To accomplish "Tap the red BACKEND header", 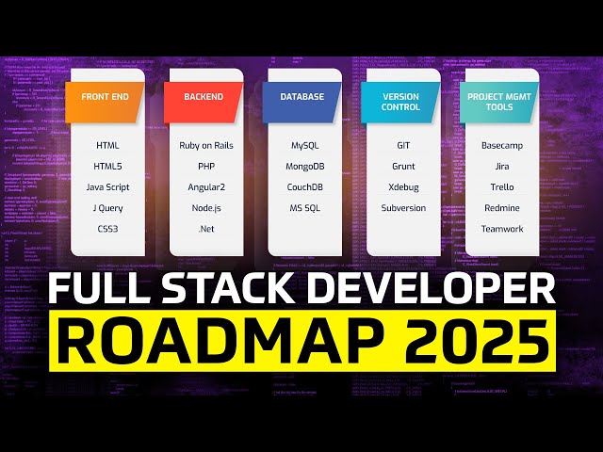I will pos(204,98).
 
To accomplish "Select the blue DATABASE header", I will pos(302,98).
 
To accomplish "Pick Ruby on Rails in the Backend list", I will pos(206,146).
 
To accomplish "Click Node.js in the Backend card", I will pos(206,208).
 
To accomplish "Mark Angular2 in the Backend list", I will pos(206,187).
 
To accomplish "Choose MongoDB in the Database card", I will pos(304,167).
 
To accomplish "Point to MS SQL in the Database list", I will pos(304,208).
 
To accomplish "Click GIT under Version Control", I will pos(402,146).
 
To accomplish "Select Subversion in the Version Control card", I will pos(402,208).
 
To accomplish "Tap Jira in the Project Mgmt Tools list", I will pos(501,167).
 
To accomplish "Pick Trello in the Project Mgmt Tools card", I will pos(501,187).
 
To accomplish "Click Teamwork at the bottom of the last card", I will pos(501,229).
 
